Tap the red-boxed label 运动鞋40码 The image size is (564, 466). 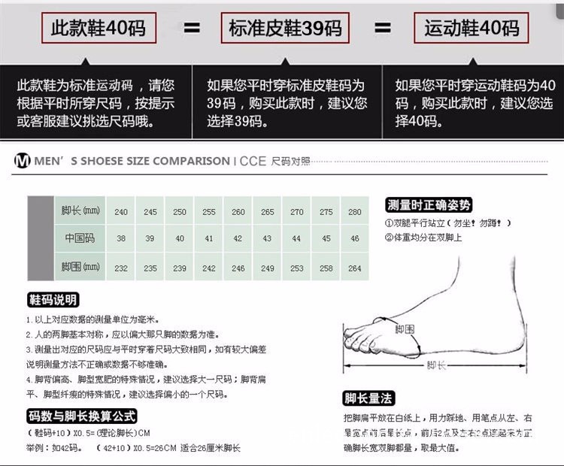[472, 29]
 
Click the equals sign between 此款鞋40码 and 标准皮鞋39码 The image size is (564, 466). [193, 29]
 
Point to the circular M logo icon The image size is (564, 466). [22, 161]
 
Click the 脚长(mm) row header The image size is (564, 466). [80, 211]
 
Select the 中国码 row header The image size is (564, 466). [80, 239]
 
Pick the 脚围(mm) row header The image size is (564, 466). [80, 267]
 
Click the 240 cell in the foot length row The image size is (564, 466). [121, 212]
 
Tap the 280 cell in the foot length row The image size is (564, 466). [355, 212]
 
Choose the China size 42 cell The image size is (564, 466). [238, 239]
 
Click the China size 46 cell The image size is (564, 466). [355, 239]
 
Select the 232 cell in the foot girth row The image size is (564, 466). [121, 268]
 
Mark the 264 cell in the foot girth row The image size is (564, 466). [355, 268]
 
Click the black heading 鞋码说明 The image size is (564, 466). [53, 301]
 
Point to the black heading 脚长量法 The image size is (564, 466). [368, 398]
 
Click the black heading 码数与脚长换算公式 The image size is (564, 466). [82, 416]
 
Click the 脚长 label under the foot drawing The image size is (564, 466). [435, 365]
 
